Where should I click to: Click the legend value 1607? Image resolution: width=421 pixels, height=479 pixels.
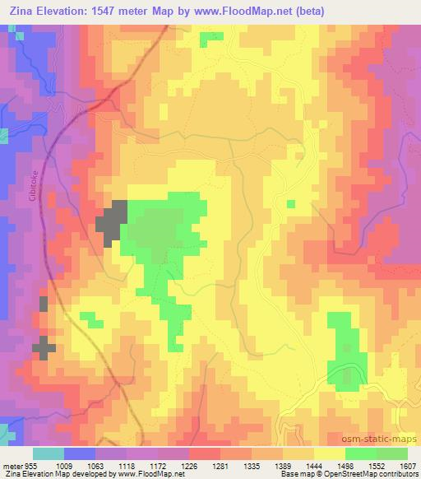point(409,465)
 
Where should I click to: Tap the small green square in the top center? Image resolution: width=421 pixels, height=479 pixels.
point(211,37)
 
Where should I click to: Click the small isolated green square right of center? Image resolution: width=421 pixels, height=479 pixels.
point(290,203)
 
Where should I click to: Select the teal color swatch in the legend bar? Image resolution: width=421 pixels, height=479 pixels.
point(49,453)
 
